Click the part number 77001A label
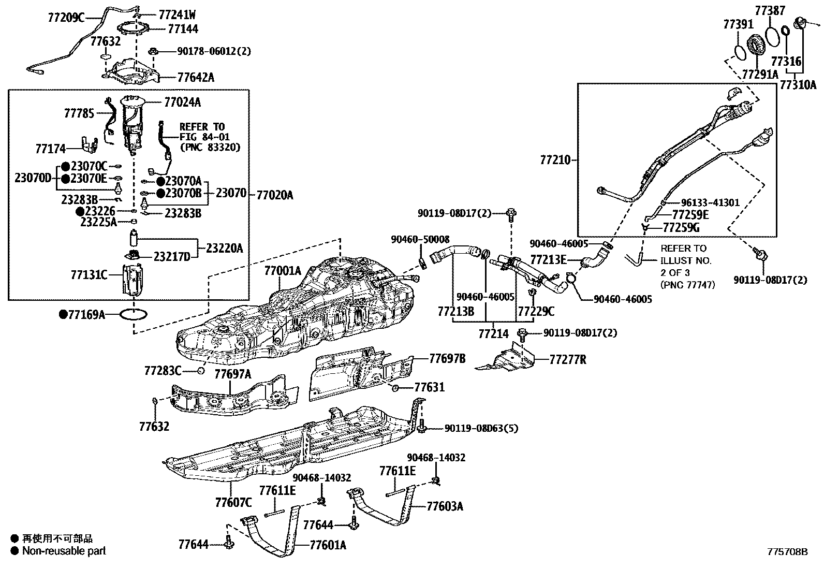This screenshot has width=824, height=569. tap(282, 271)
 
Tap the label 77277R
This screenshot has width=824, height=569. tap(568, 359)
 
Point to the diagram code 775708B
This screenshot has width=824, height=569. tap(787, 552)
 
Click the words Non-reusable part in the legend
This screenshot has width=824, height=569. tap(64, 551)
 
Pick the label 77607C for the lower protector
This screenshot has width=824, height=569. tap(233, 502)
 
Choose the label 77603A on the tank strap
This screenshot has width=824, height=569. tap(445, 506)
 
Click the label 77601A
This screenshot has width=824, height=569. tap(328, 545)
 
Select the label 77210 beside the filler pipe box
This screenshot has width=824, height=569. tap(555, 160)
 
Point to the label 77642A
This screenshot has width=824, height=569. tap(196, 78)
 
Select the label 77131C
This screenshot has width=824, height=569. tap(89, 274)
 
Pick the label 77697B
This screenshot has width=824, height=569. tap(447, 358)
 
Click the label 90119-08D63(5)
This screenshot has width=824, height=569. tap(481, 428)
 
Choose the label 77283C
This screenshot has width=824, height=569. tap(163, 371)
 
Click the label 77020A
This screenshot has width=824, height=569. tap(274, 195)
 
